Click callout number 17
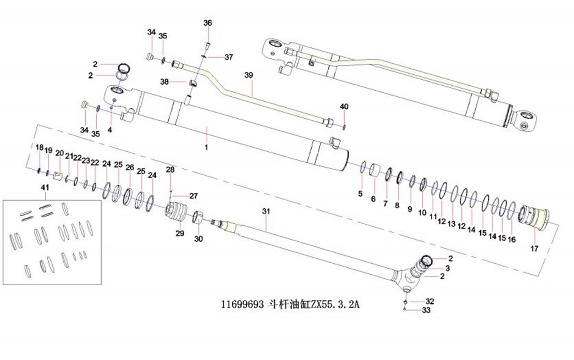coord(534,248)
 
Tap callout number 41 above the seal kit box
coord(45,189)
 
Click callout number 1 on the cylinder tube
coord(206,147)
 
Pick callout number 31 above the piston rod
coord(266,211)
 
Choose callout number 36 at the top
coord(207,23)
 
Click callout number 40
coord(344,106)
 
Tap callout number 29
coord(180,234)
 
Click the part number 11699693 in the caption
coord(242,304)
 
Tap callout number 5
coord(360,193)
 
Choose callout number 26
coord(130,167)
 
